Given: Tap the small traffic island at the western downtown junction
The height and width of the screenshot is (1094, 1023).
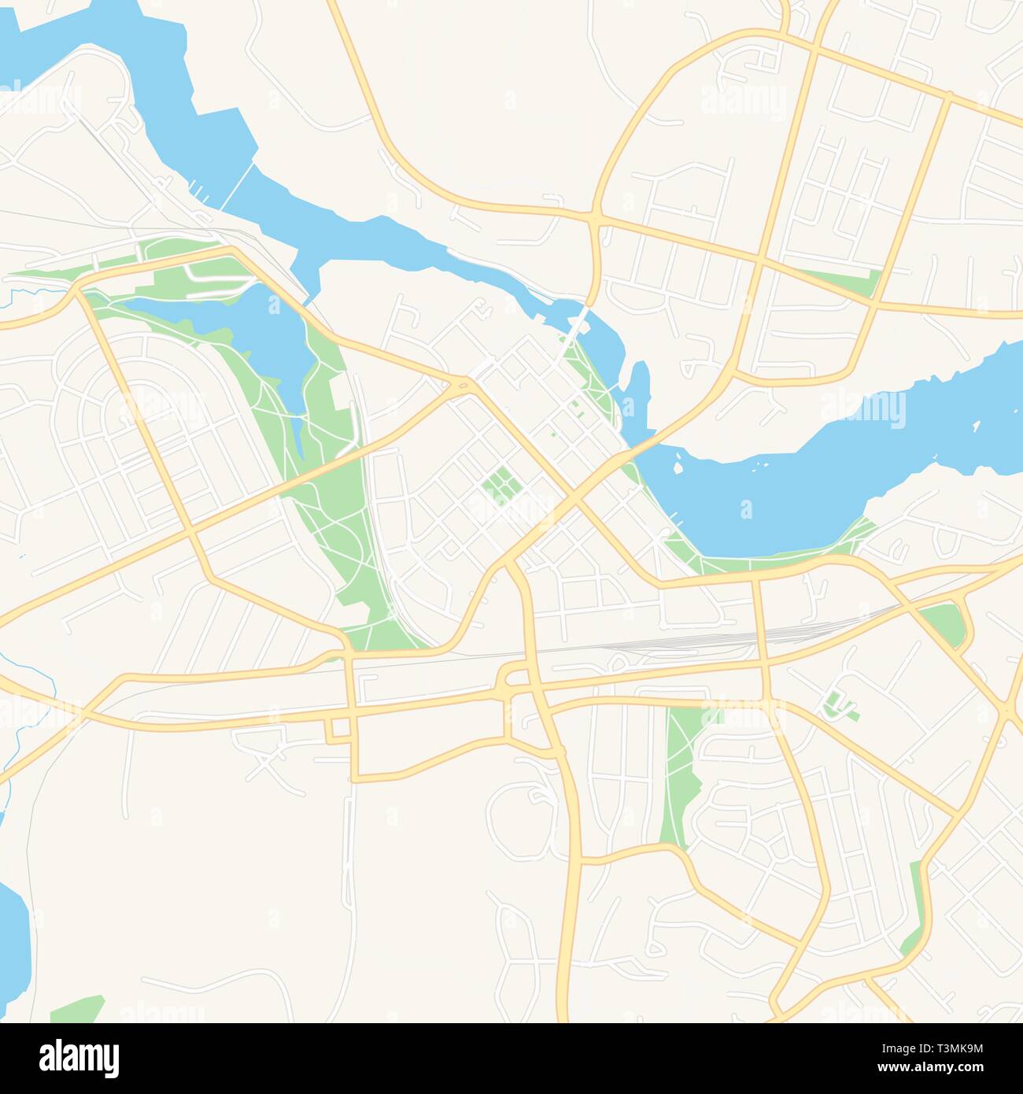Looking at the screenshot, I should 465,384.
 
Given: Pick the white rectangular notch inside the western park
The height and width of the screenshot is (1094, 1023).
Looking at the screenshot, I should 341,394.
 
